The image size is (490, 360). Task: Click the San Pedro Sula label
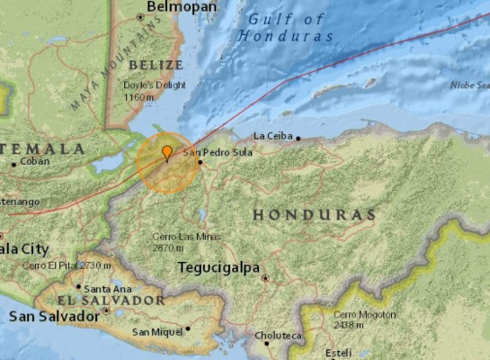(218, 152)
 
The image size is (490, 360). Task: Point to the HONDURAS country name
(313, 215)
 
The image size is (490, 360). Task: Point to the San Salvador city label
(54, 317)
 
